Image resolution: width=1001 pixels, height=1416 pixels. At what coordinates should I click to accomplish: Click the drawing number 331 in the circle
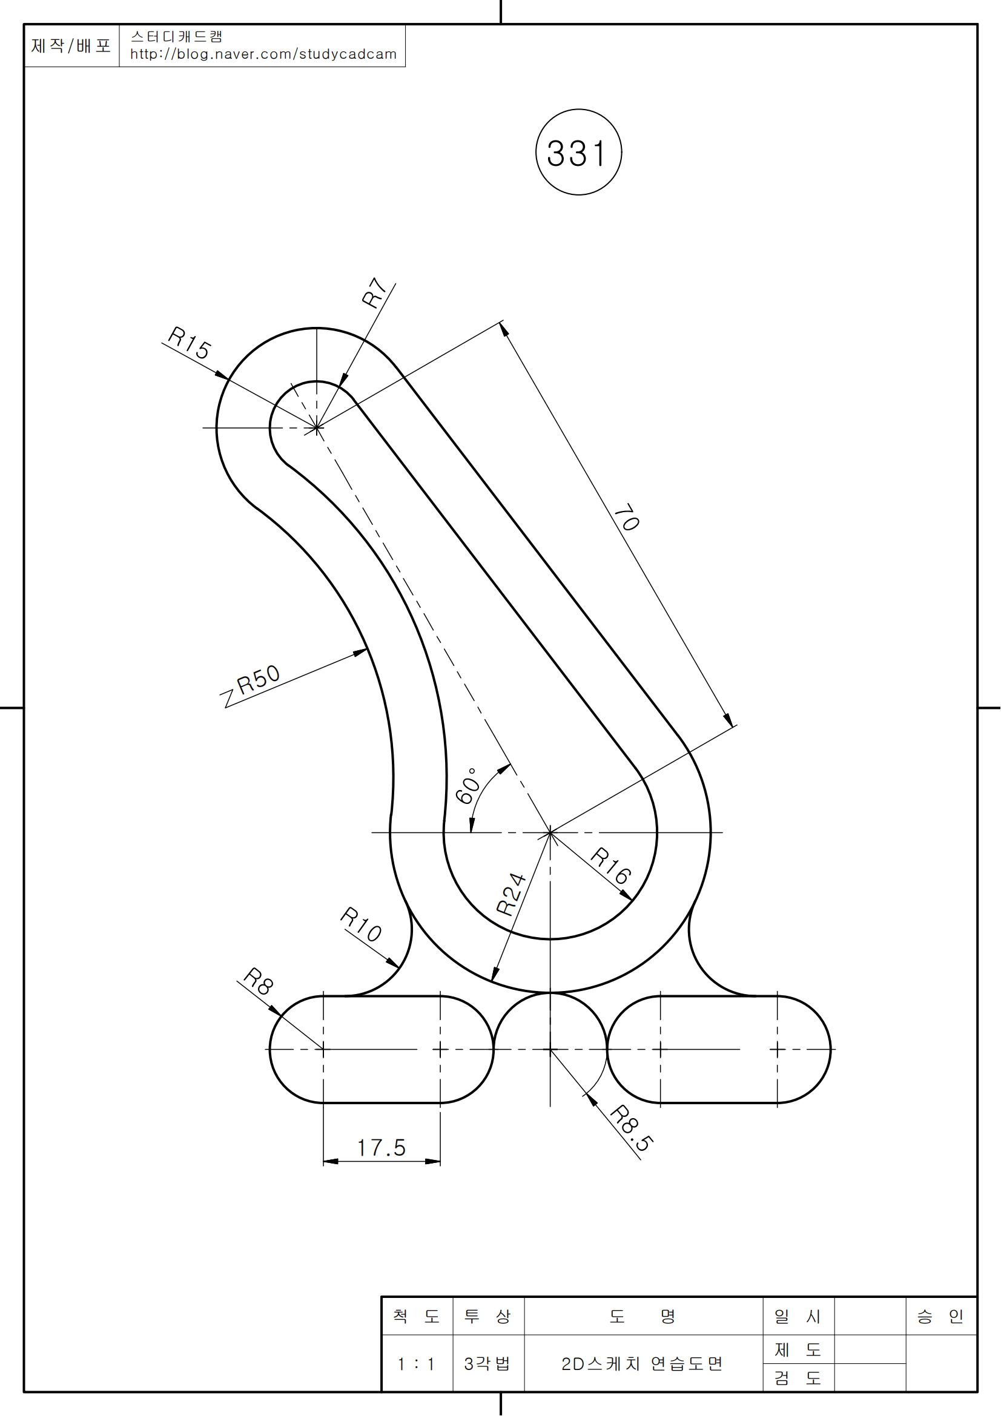click(576, 154)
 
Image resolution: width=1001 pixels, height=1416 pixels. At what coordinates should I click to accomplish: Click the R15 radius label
click(190, 343)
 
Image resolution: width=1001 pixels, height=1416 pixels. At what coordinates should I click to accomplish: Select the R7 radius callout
click(374, 292)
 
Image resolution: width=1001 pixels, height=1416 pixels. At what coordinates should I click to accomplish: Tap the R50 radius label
click(259, 680)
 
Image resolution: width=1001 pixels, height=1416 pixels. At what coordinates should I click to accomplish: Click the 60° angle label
click(467, 785)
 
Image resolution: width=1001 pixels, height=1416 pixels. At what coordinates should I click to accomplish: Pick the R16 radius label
click(610, 865)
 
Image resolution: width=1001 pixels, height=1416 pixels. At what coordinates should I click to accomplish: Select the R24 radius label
click(511, 894)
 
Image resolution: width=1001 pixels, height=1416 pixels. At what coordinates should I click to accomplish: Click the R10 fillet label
click(361, 924)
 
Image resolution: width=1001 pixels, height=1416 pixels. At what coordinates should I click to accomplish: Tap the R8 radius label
click(259, 981)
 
